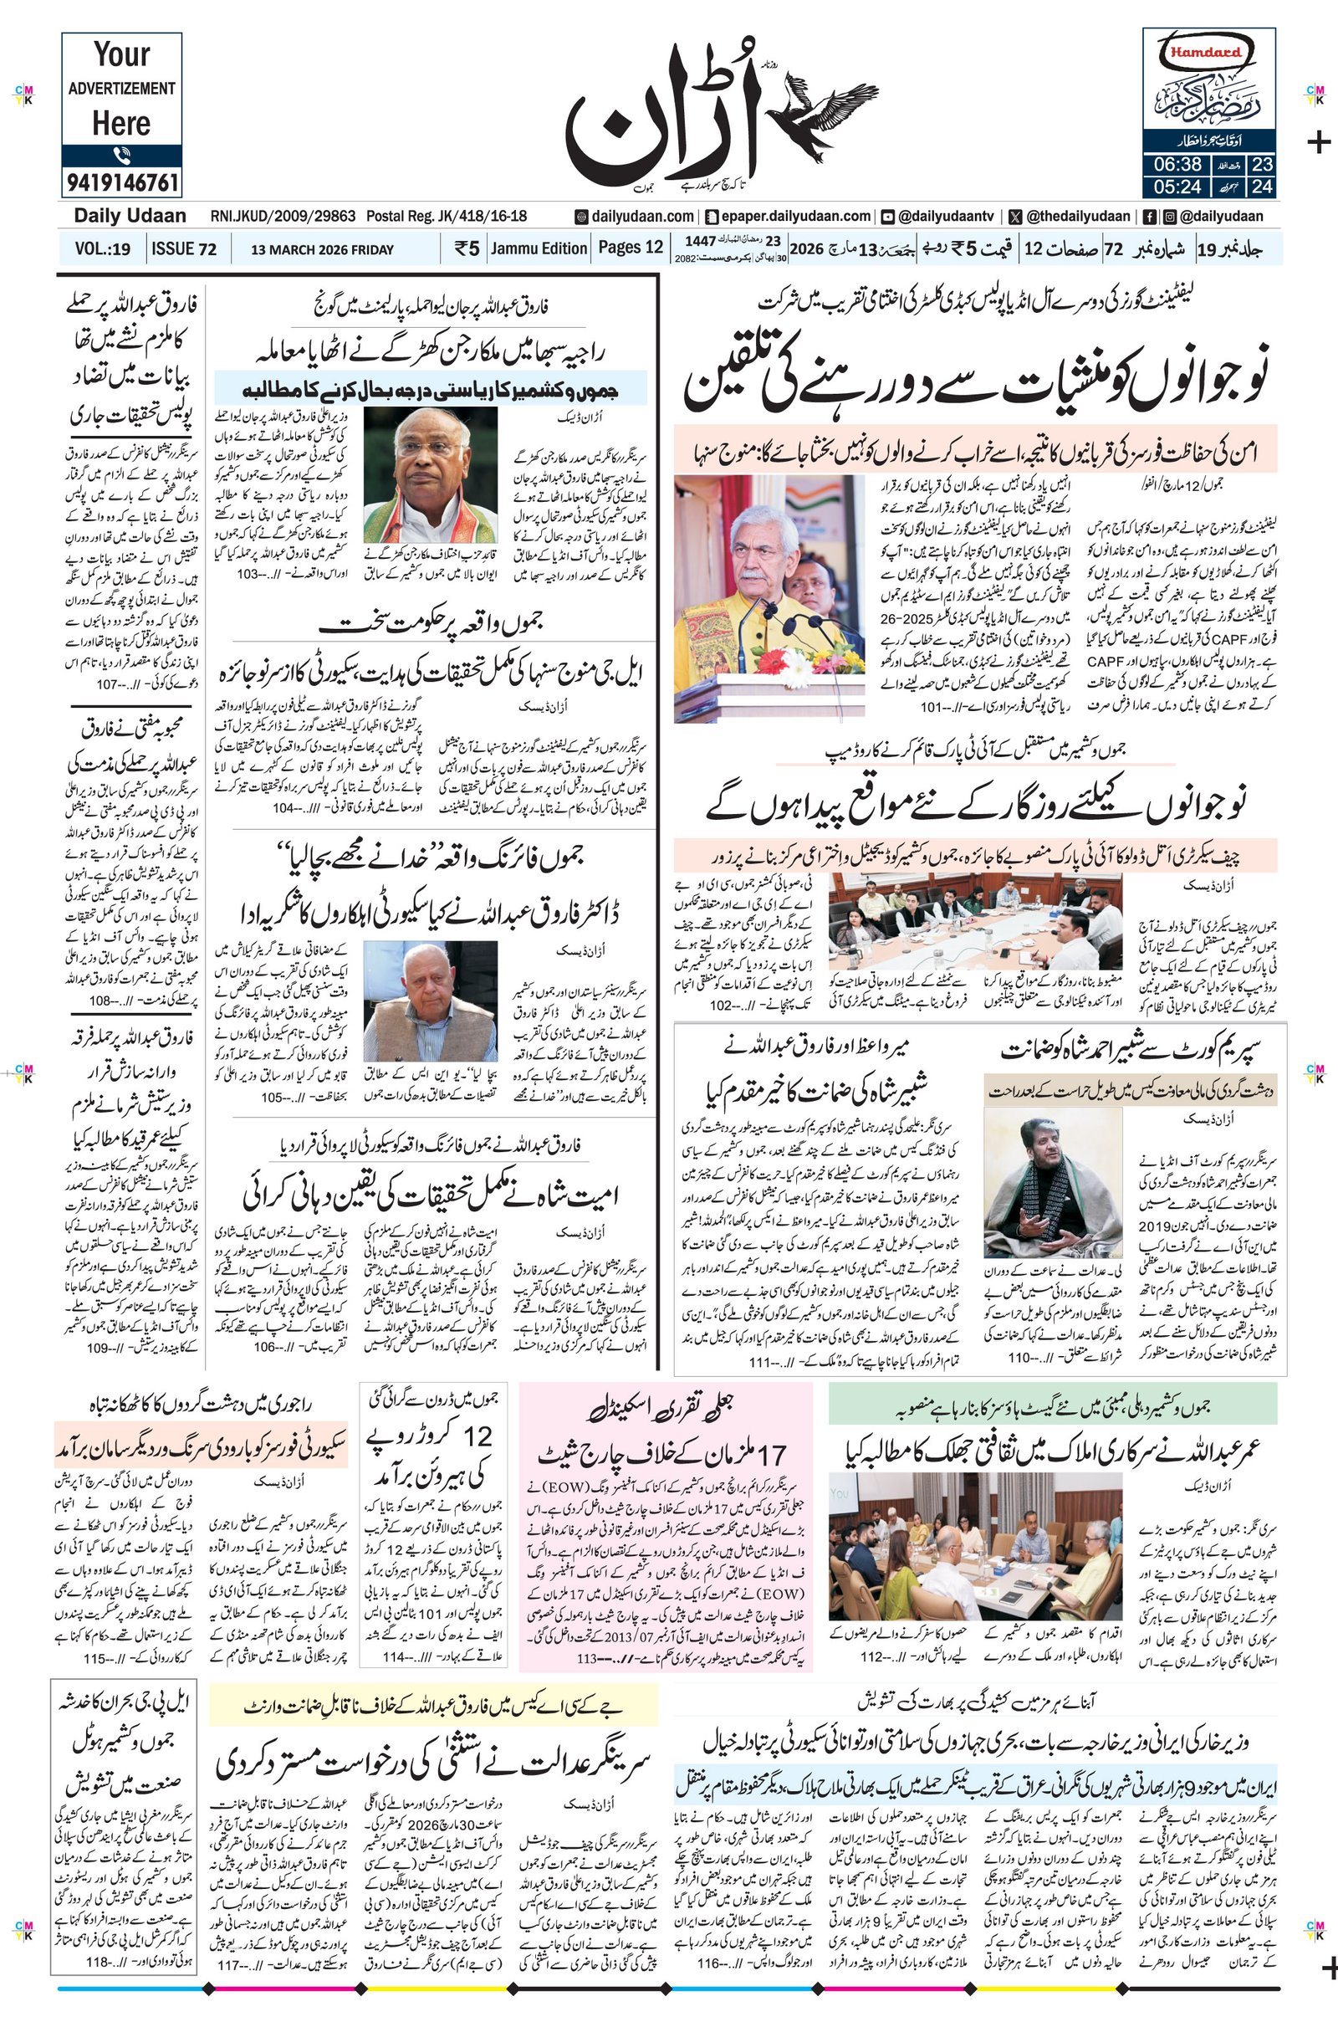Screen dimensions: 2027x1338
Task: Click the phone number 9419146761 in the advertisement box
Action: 121,182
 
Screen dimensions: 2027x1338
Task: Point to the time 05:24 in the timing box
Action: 1178,185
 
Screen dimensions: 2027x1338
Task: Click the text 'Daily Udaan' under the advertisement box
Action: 130,216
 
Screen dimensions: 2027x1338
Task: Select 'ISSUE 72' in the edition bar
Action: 183,249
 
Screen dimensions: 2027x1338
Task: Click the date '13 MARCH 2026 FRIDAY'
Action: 323,250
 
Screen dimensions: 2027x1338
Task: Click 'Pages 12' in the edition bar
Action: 631,248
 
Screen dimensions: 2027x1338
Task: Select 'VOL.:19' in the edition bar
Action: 102,249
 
